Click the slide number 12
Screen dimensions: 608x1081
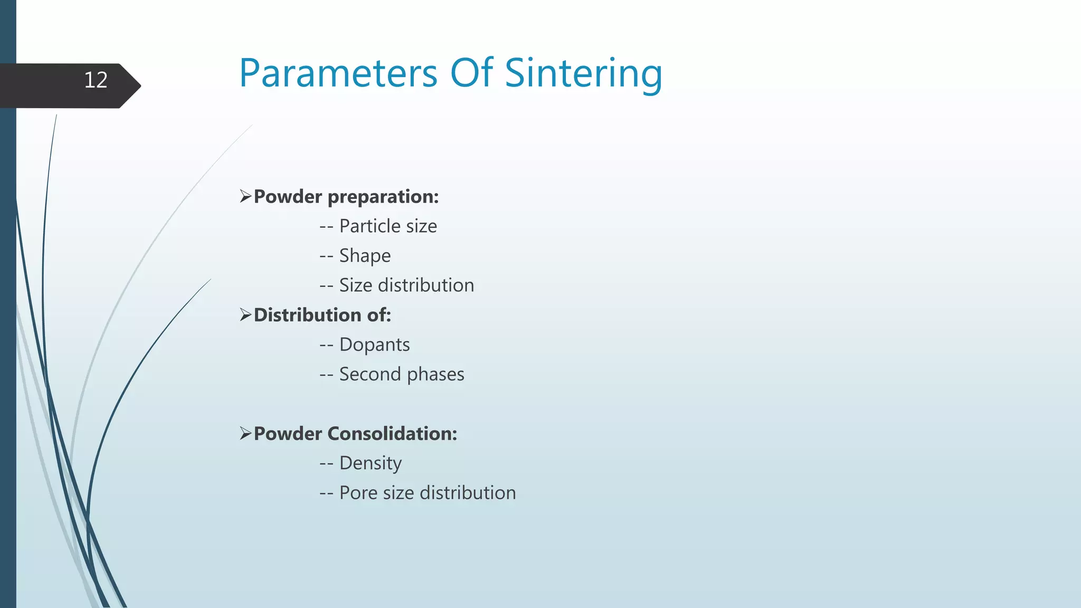pos(96,80)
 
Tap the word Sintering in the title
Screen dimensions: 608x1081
pos(583,74)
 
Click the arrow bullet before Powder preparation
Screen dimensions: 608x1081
pos(245,196)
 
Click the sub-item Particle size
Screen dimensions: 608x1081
pos(388,226)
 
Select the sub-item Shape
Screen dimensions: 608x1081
pos(365,256)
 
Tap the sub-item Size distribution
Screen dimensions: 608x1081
pos(406,286)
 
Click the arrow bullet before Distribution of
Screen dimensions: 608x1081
pos(245,315)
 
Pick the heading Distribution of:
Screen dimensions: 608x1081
pos(323,315)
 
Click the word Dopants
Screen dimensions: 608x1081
pos(374,345)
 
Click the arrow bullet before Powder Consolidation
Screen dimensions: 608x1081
pos(245,433)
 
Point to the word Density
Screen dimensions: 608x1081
pos(370,463)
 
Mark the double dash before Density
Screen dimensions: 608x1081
pos(326,463)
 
